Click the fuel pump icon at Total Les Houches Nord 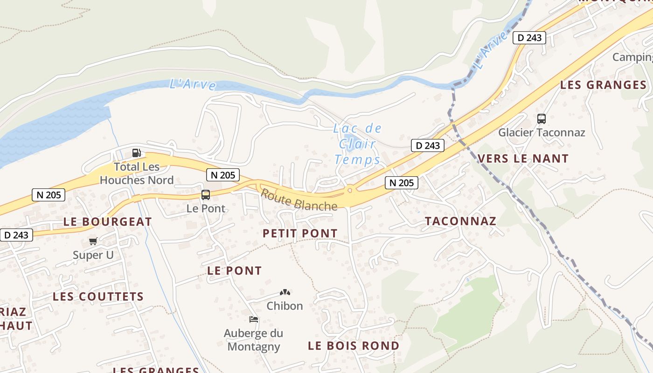(136, 153)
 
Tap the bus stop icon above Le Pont (206, 195)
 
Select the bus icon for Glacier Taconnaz (541, 119)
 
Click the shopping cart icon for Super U (93, 242)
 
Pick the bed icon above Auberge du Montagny (254, 319)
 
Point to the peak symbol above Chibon (285, 292)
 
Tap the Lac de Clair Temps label (357, 144)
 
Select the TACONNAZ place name (460, 221)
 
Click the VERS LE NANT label (523, 159)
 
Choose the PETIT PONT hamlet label (300, 233)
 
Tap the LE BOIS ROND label (354, 345)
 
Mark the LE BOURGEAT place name (108, 222)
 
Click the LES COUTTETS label (98, 297)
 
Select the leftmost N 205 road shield (49, 195)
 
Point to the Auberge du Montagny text (253, 340)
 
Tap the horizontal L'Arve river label (193, 84)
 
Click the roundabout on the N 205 (349, 190)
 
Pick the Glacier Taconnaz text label (541, 132)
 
